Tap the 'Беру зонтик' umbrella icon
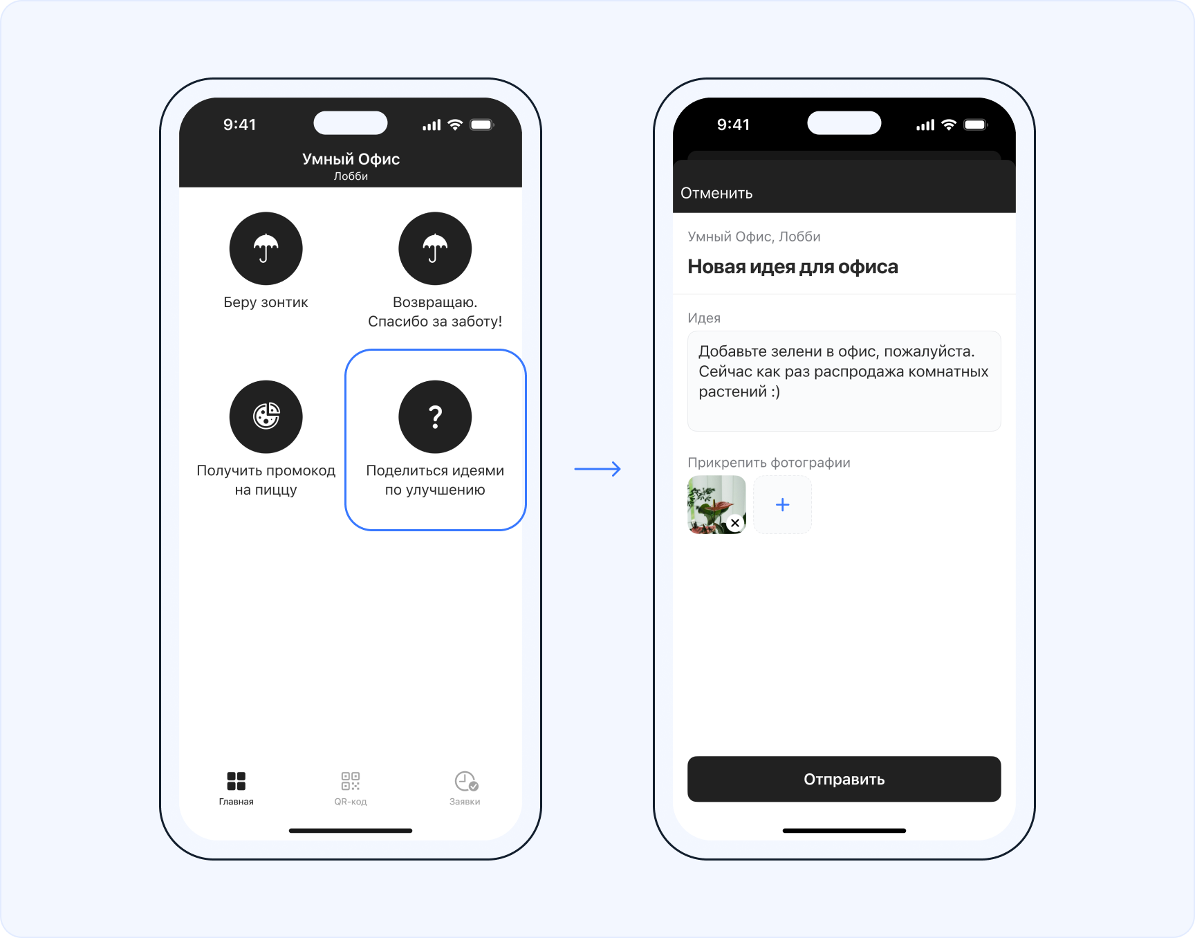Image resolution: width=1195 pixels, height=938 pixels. tap(266, 248)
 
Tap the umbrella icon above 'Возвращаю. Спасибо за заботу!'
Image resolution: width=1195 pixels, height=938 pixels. tap(435, 248)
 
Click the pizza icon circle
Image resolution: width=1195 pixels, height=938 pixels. tap(266, 416)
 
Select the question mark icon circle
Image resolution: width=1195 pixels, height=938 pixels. tap(435, 416)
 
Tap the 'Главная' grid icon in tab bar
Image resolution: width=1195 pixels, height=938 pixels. tap(237, 781)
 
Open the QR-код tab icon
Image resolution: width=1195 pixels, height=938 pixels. tap(351, 781)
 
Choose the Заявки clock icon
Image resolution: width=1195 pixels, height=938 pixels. tap(466, 782)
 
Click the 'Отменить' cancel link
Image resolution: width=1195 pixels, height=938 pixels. tap(716, 193)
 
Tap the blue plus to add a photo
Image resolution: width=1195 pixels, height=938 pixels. tap(782, 505)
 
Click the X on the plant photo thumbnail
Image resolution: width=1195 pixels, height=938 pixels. tap(735, 523)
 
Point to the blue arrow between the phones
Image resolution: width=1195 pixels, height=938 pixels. tap(597, 469)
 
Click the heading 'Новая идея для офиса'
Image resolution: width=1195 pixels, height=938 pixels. tap(793, 267)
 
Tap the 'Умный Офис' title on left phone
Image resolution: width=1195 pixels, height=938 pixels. tap(351, 159)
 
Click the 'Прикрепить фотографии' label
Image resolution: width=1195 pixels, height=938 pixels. tap(769, 463)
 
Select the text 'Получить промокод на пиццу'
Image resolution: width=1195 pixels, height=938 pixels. tap(266, 480)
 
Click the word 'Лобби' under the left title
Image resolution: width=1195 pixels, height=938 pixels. tap(351, 176)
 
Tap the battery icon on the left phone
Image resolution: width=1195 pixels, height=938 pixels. tap(482, 125)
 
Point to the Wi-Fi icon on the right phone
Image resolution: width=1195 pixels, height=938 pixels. tap(949, 125)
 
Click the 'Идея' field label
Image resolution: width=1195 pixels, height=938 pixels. tap(704, 318)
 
